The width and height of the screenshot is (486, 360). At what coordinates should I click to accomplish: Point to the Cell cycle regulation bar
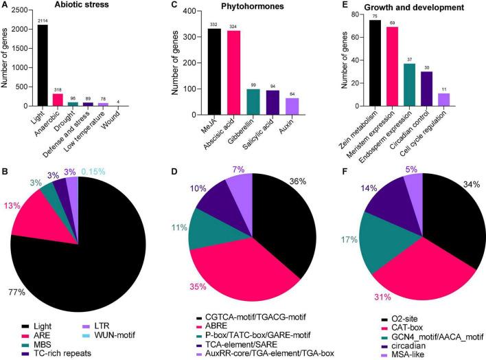[444, 100]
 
